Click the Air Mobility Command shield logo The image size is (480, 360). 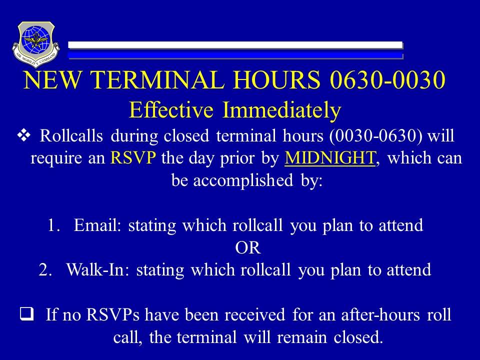point(36,44)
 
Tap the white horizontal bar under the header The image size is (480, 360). point(235,45)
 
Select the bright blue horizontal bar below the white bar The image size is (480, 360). point(235,55)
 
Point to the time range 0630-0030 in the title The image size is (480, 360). point(387,79)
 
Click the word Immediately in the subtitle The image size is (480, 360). point(281,110)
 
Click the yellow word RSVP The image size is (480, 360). point(133,157)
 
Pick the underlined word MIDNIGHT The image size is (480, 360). point(329,158)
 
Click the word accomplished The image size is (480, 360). point(243,180)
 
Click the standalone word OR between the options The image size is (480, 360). point(248,247)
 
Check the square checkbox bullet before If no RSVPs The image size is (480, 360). point(26,314)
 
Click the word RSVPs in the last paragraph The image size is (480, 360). point(113,314)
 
